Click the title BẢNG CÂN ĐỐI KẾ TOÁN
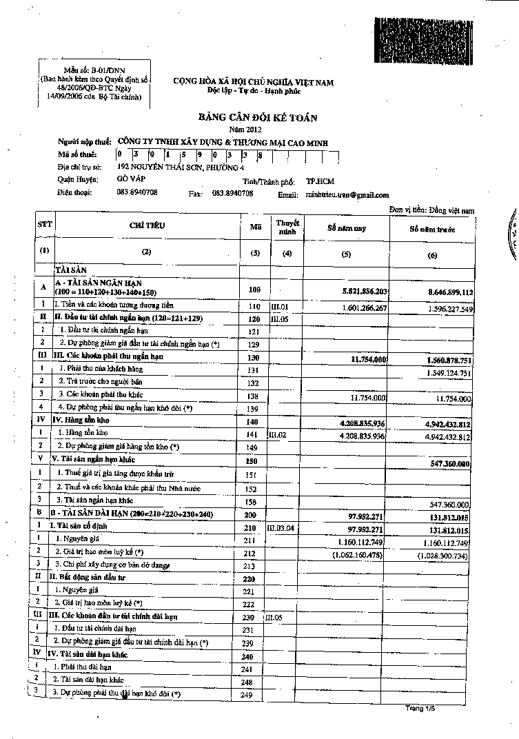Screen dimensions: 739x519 coord(258,118)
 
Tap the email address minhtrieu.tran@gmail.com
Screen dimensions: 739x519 coord(347,195)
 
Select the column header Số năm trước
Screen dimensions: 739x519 coord(432,229)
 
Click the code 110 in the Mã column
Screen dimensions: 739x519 coord(255,306)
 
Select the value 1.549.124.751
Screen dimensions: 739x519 coord(444,373)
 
